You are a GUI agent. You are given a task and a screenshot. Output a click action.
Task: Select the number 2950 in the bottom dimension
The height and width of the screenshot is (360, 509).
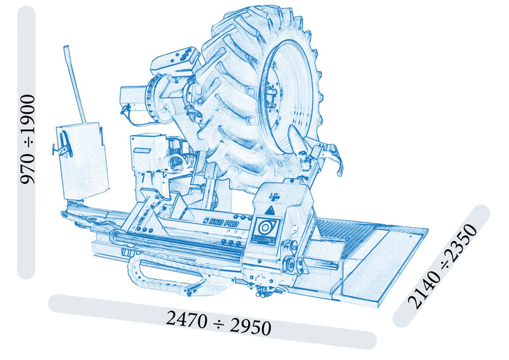[250, 326]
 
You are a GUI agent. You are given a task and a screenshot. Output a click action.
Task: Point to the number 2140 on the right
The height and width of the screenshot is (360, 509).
[423, 289]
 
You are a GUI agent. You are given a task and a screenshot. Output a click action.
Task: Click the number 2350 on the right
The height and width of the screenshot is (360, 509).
[462, 242]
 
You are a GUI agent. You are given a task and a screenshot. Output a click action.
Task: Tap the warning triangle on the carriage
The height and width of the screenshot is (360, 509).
[269, 211]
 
